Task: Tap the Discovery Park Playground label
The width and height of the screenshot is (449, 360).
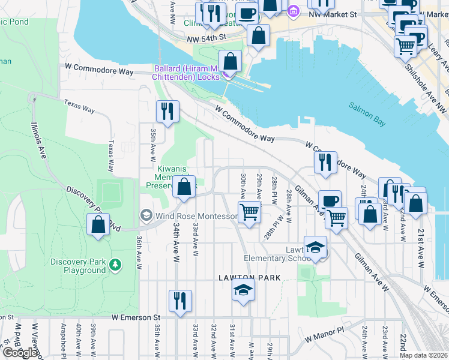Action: pyautogui.click(x=78, y=266)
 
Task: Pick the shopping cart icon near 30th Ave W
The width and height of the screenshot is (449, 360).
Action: pyautogui.click(x=249, y=211)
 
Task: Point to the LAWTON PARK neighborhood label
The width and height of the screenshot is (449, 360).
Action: pyautogui.click(x=246, y=278)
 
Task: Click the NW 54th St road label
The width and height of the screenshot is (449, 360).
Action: pyautogui.click(x=205, y=37)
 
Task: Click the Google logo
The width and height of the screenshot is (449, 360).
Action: pyautogui.click(x=20, y=353)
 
